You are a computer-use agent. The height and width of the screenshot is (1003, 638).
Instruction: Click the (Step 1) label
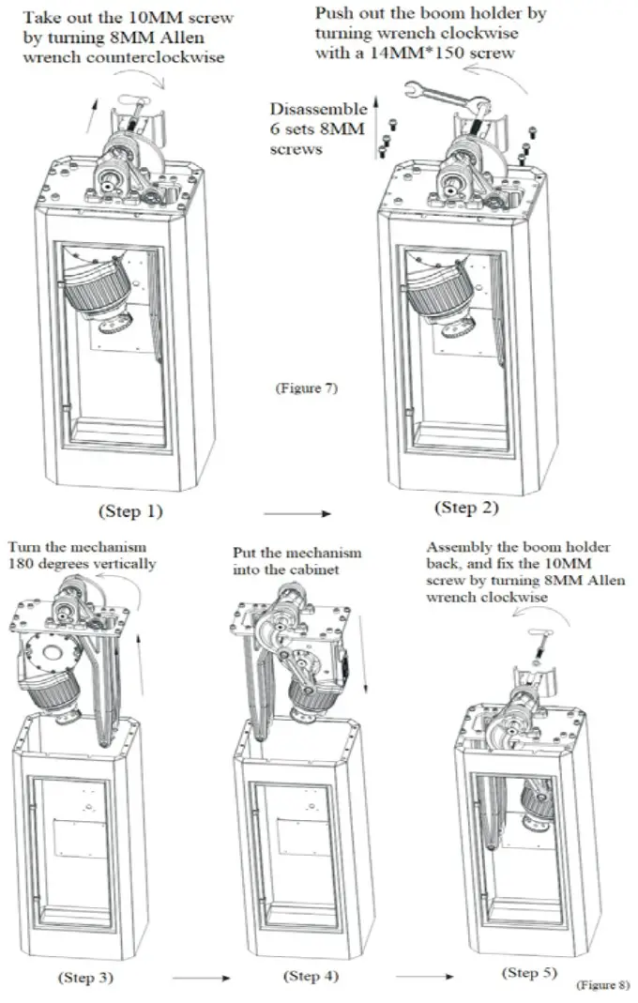coord(130,511)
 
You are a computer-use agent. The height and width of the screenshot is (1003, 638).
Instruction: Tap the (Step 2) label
coord(465,508)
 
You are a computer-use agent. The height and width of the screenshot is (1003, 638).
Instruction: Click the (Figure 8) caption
coord(601,986)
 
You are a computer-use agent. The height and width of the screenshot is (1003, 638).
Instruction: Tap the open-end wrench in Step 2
coord(442,98)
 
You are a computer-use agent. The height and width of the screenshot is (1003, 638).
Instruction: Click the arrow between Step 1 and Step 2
coord(297,513)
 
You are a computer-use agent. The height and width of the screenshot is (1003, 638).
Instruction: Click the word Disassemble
coord(318,110)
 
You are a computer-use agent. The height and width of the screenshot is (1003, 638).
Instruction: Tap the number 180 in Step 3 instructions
coord(21,564)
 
